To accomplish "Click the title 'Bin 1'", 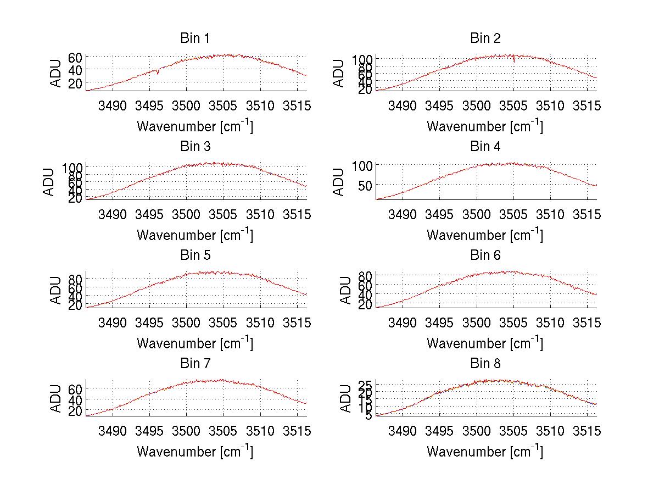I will (194, 38).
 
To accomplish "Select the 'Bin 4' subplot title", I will (485, 147).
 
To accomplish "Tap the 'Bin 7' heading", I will (194, 364).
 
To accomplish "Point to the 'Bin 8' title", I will (485, 364).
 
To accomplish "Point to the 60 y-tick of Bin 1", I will (75, 57).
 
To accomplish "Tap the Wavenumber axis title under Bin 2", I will (485, 126).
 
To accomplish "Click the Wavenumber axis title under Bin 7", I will (195, 451).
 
